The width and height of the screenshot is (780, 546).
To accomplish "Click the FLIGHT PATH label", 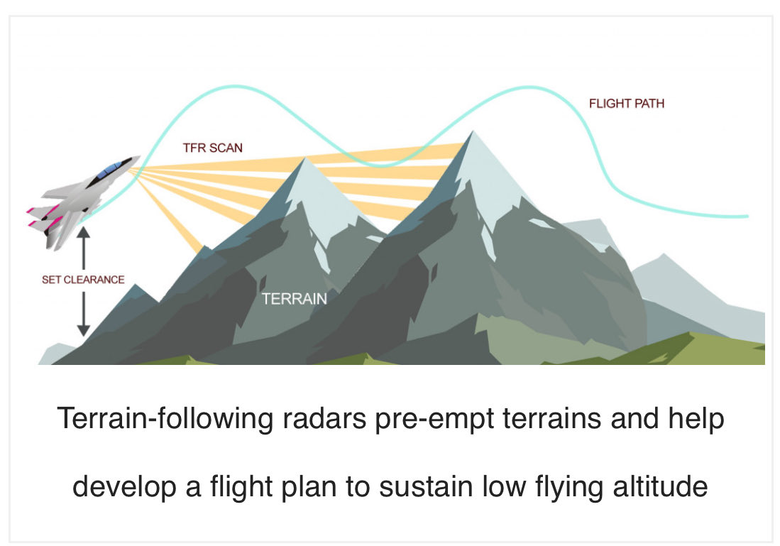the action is [x=626, y=104].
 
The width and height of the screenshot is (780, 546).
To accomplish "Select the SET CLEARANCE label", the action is [x=83, y=279].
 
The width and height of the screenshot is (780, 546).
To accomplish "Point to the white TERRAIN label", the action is [x=295, y=299].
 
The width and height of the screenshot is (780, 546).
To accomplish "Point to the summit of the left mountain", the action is [x=305, y=158].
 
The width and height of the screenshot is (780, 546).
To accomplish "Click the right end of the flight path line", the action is [x=747, y=216].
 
